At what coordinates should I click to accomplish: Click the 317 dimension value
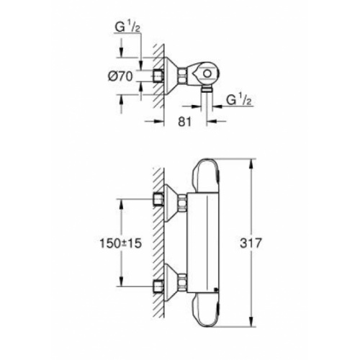250,243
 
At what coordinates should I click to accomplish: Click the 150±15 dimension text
121,243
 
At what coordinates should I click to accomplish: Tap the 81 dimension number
185,122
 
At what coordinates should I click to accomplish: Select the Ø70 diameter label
120,76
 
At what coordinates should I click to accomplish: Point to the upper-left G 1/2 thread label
127,27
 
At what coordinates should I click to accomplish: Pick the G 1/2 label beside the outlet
239,100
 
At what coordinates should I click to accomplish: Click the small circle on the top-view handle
207,73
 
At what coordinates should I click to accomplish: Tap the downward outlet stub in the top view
207,89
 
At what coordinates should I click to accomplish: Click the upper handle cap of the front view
207,176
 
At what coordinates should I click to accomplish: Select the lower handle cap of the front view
207,310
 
